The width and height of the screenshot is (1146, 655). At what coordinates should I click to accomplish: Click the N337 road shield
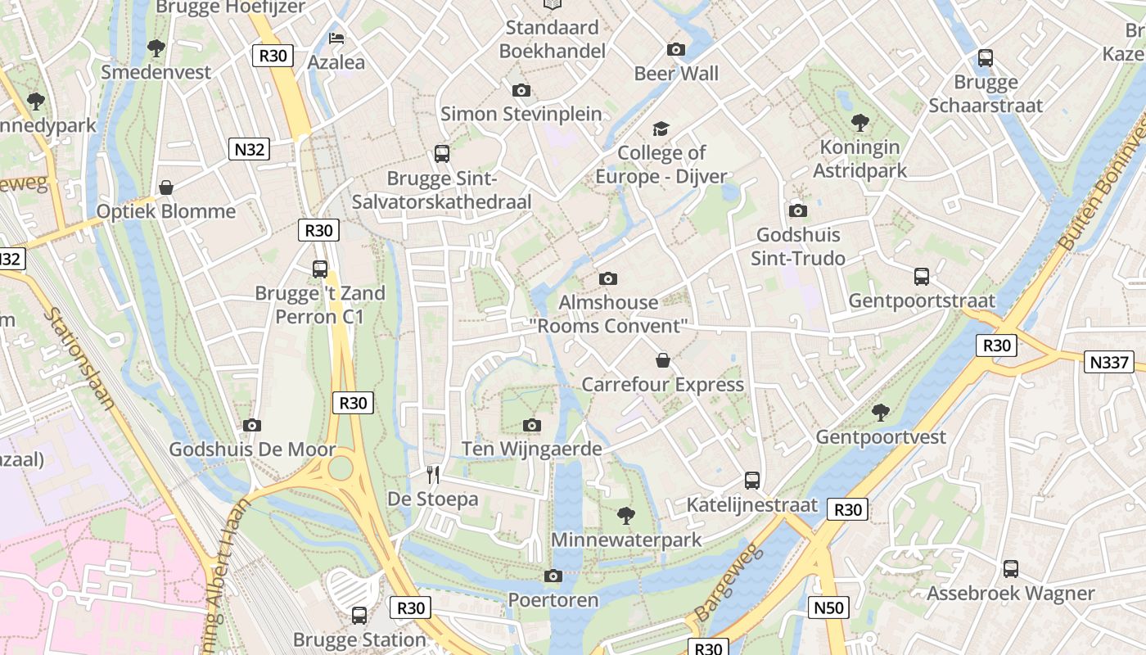click(1108, 362)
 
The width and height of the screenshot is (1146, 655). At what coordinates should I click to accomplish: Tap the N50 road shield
click(828, 607)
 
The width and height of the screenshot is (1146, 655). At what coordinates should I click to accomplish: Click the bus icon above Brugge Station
click(359, 615)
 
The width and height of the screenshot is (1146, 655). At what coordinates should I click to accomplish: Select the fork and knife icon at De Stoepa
click(433, 474)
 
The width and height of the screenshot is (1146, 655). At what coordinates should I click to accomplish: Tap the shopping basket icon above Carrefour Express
click(663, 360)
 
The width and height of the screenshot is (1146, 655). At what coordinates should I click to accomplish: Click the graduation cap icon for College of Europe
click(661, 129)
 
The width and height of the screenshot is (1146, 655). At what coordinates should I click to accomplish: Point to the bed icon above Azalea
click(336, 38)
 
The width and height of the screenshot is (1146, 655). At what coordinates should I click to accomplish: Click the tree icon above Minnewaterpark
click(626, 515)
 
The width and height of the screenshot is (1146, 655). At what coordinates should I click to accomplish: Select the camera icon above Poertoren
click(553, 576)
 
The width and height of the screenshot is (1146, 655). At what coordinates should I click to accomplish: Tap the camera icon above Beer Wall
click(676, 49)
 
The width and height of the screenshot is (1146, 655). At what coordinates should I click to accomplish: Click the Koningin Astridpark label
click(859, 159)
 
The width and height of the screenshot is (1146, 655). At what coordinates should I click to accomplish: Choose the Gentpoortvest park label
click(881, 437)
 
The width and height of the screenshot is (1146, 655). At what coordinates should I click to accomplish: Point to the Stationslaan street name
click(80, 359)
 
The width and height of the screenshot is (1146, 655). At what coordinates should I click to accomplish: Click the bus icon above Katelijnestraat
click(752, 481)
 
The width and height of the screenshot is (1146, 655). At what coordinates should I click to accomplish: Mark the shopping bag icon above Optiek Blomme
click(166, 187)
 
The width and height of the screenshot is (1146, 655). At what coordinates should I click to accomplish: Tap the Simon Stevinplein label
click(521, 114)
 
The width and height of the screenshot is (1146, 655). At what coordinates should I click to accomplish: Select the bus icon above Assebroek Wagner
click(1011, 569)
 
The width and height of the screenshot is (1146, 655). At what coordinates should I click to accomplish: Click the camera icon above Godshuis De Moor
click(252, 425)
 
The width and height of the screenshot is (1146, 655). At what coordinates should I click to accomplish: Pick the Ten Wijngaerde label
click(532, 449)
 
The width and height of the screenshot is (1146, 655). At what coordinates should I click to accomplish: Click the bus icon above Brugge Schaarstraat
click(986, 58)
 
